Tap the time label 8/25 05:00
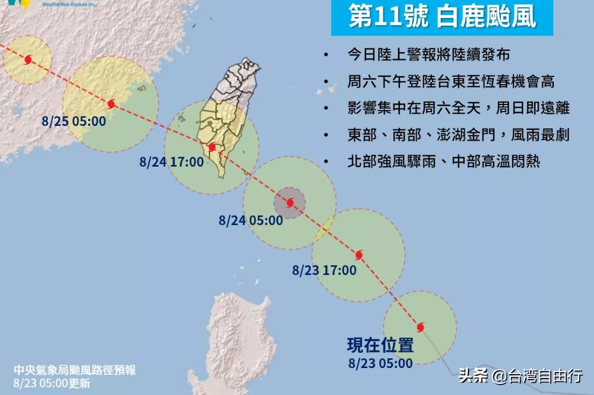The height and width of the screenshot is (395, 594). pyautogui.click(x=73, y=120)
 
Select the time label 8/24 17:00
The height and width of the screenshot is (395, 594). pyautogui.click(x=171, y=162)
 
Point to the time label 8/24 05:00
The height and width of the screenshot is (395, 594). pyautogui.click(x=250, y=221)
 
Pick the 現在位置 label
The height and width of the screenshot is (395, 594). pyautogui.click(x=380, y=345)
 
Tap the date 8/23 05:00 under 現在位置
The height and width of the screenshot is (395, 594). pyautogui.click(x=380, y=363)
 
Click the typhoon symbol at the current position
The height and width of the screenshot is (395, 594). pyautogui.click(x=420, y=327)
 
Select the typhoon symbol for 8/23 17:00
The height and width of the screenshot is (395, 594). pyautogui.click(x=359, y=255)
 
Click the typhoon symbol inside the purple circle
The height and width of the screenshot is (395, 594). pyautogui.click(x=290, y=203)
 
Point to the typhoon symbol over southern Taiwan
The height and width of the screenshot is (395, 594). pyautogui.click(x=212, y=147)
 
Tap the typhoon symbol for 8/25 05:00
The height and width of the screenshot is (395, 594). pyautogui.click(x=111, y=103)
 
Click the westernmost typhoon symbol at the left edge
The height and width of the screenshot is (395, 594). pyautogui.click(x=28, y=59)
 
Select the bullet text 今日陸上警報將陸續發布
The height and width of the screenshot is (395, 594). pyautogui.click(x=428, y=55)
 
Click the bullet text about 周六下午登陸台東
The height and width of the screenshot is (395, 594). pyautogui.click(x=450, y=82)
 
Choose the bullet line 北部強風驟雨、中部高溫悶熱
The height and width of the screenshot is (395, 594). pyautogui.click(x=444, y=162)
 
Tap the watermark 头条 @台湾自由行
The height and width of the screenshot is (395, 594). pyautogui.click(x=520, y=376)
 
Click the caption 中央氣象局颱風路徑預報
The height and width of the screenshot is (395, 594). pyautogui.click(x=75, y=370)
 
